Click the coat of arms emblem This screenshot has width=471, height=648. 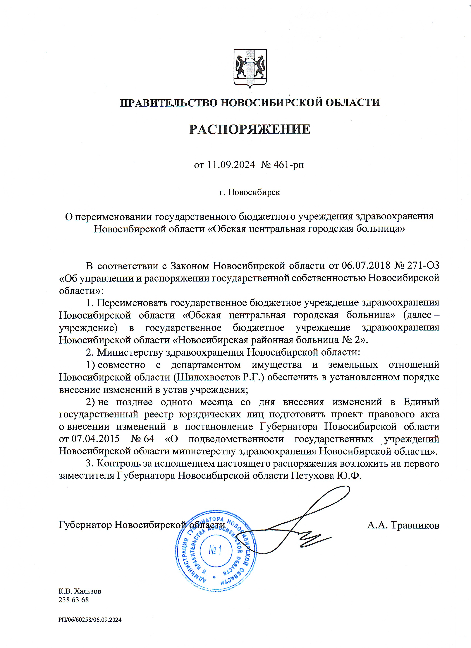click(x=250, y=68)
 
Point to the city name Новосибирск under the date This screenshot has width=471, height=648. click(x=254, y=192)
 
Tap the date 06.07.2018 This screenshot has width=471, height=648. click(x=366, y=265)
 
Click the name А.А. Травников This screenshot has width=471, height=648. click(x=403, y=525)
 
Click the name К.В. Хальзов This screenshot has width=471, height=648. click(x=80, y=591)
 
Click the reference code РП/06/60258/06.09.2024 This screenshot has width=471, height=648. click(x=90, y=619)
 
